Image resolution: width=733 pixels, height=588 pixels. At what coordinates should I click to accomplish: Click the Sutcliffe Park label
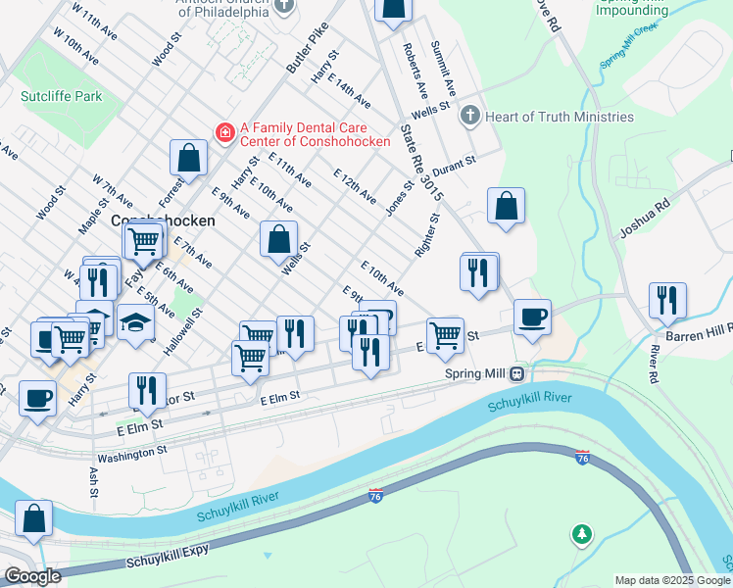62,97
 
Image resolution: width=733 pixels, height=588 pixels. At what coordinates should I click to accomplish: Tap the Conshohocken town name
164,220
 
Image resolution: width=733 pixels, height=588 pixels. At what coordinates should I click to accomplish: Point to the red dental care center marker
225,131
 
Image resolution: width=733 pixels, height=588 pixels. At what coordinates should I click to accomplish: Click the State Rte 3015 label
422,163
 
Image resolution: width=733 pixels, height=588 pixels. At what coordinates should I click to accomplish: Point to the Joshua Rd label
644,221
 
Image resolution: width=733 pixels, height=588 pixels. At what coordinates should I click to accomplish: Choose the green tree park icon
582,534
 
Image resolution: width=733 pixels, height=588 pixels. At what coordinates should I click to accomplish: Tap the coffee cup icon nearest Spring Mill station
532,317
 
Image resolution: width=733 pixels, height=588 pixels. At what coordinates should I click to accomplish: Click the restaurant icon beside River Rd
667,299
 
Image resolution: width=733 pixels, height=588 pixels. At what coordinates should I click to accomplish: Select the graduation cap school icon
136,321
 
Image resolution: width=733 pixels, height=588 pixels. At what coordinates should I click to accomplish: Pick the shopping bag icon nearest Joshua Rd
506,206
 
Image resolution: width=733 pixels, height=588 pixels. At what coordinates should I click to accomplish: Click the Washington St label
132,455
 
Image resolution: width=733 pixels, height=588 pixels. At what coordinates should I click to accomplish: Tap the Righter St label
425,236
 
